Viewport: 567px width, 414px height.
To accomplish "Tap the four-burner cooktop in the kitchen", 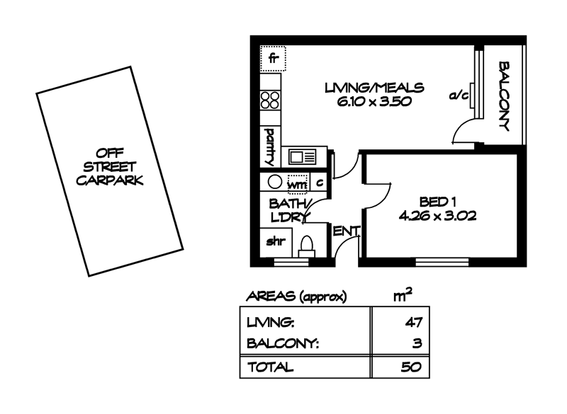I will pos(270,100).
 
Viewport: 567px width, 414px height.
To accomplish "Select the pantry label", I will pos(270,144).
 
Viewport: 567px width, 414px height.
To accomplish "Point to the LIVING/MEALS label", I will pos(374,88).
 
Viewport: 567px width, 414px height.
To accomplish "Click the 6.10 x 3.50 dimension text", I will pos(375,101).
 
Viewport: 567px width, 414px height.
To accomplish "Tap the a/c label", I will pos(459,96).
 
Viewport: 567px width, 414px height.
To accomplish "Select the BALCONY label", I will pos(505,97).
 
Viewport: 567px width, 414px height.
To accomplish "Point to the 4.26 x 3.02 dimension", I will pos(437,217).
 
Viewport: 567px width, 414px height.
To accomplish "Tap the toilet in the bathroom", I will pos(307,245).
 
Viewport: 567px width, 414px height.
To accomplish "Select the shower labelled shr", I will pos(275,242).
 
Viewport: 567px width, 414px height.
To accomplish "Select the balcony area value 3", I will pos(418,345).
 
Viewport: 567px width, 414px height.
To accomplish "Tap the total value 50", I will pos(412,367).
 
